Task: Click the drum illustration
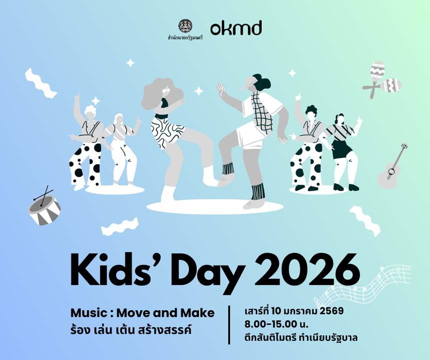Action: (44, 207)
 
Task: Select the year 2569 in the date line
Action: (331, 311)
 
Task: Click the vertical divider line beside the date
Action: (229, 325)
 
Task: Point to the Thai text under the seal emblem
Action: (185, 38)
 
